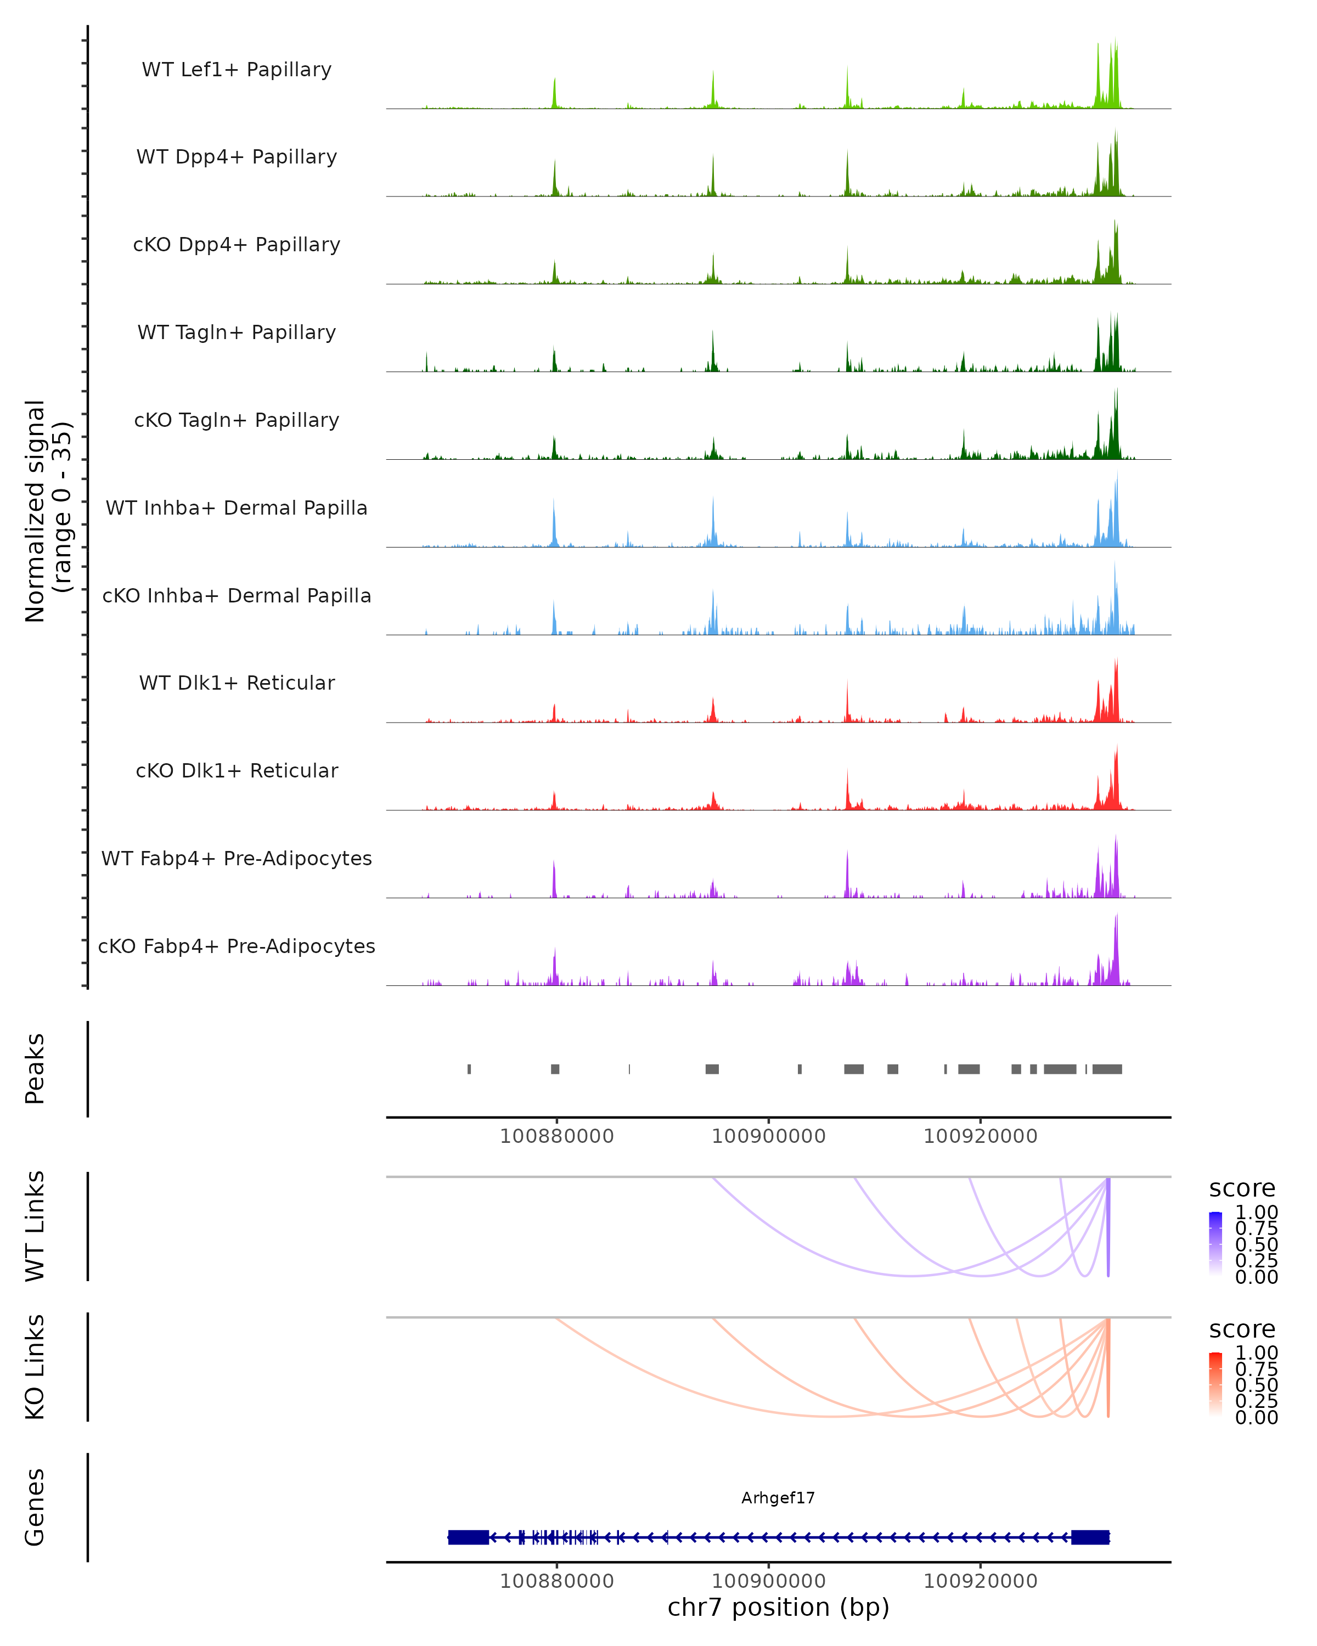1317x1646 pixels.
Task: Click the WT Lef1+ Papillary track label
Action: pyautogui.click(x=237, y=70)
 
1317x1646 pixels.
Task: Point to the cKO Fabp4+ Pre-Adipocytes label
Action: pyautogui.click(x=237, y=946)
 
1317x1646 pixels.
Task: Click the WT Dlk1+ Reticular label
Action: pyautogui.click(x=237, y=683)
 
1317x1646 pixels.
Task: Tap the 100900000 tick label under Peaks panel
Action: pyautogui.click(x=768, y=1136)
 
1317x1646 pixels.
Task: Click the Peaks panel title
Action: pyautogui.click(x=35, y=1069)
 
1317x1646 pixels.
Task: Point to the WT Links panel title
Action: pyautogui.click(x=35, y=1226)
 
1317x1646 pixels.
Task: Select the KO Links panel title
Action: pyautogui.click(x=35, y=1367)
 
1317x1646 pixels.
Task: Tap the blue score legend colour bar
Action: pyautogui.click(x=1215, y=1244)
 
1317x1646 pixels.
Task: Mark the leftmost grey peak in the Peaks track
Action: pyautogui.click(x=469, y=1069)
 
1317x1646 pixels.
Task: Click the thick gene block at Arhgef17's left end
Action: pyautogui.click(x=468, y=1537)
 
